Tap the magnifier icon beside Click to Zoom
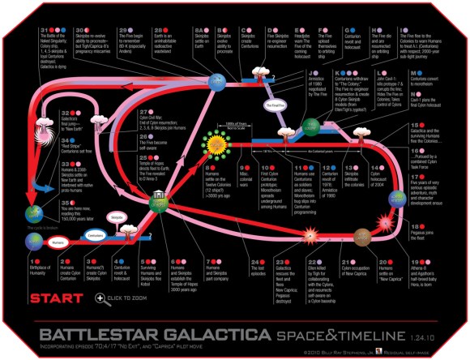pos(100,298)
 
